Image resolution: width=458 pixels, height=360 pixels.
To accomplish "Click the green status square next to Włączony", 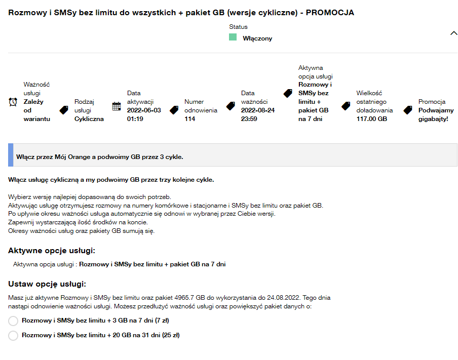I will (x=233, y=37).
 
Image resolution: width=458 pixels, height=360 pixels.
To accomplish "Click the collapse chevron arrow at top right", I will (x=454, y=33).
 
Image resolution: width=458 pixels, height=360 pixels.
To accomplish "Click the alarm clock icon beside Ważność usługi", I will (x=13, y=102).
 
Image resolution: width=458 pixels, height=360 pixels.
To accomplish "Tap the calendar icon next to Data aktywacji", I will (x=117, y=106).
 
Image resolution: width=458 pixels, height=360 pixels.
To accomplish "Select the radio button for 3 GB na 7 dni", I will (x=13, y=321).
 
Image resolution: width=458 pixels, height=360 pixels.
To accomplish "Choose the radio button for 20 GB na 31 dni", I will (x=13, y=335).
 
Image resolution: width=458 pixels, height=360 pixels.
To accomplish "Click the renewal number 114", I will (x=190, y=119).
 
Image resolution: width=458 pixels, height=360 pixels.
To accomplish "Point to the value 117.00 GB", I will (x=371, y=119).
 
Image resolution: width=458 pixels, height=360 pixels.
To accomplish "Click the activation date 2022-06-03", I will (x=144, y=110).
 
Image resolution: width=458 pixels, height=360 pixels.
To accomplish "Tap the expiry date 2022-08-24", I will (x=258, y=110).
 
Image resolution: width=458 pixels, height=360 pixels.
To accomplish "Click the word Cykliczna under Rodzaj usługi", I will (x=89, y=119).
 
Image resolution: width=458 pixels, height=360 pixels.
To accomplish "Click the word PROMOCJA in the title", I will (x=329, y=13).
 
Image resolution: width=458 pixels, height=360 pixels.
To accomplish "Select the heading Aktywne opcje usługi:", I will (x=52, y=251).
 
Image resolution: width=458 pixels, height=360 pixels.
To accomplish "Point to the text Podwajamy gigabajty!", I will (x=436, y=114).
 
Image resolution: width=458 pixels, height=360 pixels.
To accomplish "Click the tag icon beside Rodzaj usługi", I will (x=64, y=110).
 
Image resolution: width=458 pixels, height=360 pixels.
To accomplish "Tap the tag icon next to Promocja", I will (x=408, y=110).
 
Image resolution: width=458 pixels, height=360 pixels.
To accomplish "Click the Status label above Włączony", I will (x=238, y=27).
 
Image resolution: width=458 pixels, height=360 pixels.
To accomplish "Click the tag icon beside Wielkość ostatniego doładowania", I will (x=346, y=106).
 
